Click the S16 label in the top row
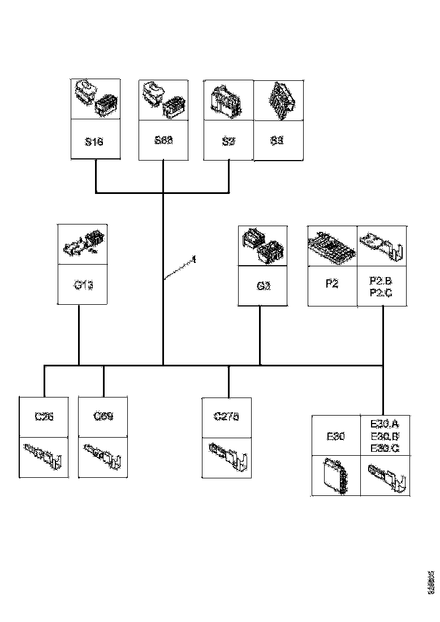tap(94, 141)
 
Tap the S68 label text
tap(163, 140)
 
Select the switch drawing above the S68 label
tap(163, 100)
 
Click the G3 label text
tap(264, 286)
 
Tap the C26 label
tap(44, 417)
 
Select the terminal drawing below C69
tap(102, 456)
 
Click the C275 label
tap(226, 417)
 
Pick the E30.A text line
tap(384, 424)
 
